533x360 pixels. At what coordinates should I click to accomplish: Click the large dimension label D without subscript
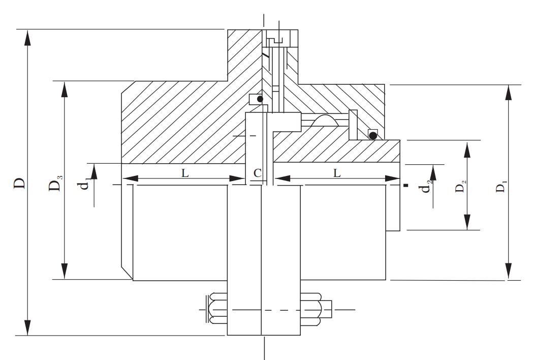tap(19, 183)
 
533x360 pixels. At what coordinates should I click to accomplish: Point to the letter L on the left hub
tap(185, 172)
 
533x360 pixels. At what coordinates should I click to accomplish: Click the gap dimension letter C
tap(258, 172)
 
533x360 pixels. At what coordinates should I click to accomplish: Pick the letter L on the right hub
tap(337, 172)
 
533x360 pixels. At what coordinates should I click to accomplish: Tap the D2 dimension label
tap(460, 187)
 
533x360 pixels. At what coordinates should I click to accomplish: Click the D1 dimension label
tap(500, 187)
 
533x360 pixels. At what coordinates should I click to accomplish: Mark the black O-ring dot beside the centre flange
tap(260, 99)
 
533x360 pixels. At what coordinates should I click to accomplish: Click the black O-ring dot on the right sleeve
tap(373, 135)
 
